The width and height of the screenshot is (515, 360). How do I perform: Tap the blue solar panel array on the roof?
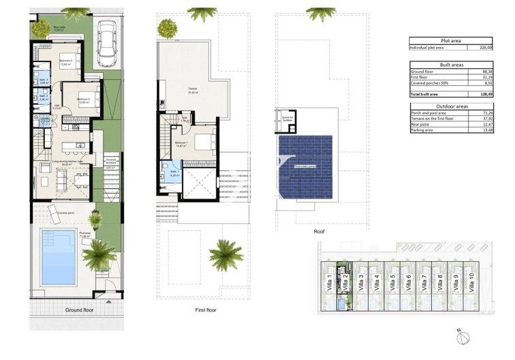pos(305,165)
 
